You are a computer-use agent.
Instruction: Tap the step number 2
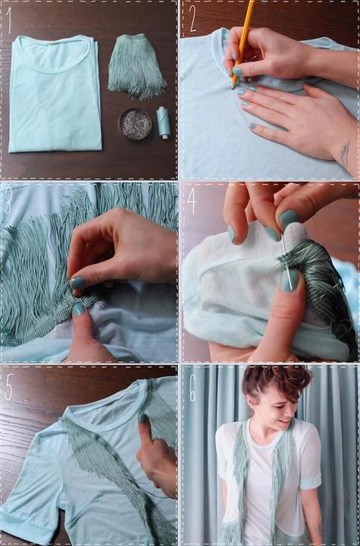pos(193,18)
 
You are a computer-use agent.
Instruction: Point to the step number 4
pos(192,201)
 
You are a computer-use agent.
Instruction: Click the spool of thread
pos(163,122)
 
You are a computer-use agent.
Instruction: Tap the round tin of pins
pos(136,124)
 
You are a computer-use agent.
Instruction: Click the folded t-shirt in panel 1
pos(55,94)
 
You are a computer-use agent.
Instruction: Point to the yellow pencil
pos(243,42)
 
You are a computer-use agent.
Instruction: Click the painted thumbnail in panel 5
pos(142,419)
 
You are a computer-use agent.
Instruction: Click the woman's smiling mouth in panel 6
pos(285,422)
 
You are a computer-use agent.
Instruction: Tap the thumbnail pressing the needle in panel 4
pos(290,281)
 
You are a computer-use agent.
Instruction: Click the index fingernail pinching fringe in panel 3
pos(77,283)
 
